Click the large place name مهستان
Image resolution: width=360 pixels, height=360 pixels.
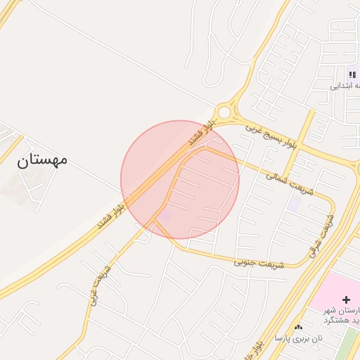point(42,160)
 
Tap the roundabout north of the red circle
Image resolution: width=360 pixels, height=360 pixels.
point(224,112)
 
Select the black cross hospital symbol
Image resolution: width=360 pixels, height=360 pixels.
point(346,300)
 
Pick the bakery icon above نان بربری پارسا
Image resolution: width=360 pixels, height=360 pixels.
point(299,327)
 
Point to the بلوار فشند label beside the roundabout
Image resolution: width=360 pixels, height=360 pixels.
point(199,134)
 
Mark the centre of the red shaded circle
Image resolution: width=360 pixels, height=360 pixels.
point(180,180)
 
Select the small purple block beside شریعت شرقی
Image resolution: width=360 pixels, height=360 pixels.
point(294,203)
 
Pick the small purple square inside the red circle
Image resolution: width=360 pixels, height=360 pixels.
point(165,217)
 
